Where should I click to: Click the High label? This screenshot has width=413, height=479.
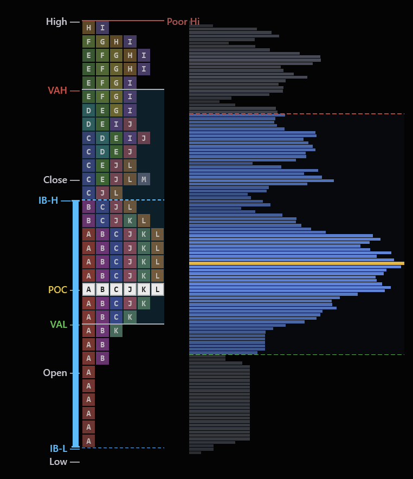coord(56,22)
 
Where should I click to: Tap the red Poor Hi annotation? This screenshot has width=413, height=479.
coord(183,22)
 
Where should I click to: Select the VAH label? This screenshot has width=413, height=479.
coord(57,90)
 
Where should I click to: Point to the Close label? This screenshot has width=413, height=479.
coord(55,180)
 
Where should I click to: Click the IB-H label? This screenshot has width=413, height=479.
coord(48,200)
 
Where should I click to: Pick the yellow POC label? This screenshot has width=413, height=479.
coord(57,290)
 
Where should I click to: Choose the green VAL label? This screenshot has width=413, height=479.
coord(59,325)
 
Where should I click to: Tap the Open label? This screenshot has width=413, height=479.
coord(55,373)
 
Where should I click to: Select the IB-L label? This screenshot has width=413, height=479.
coord(59,449)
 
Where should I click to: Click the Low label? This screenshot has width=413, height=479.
coord(58,462)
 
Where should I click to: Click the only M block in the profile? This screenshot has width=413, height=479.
coord(144,179)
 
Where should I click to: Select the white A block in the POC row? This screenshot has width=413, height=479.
coord(88,289)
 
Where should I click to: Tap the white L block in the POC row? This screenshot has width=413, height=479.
coord(157,289)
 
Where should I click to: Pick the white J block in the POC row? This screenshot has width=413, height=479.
coord(130,289)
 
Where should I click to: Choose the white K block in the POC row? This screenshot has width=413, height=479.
coord(144,289)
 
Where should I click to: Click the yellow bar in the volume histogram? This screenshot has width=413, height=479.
coord(296,263)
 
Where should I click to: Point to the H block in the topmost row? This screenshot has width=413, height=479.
coord(88,28)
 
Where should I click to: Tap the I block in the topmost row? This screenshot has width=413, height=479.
coord(102,28)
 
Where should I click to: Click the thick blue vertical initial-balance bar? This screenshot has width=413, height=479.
coord(76,323)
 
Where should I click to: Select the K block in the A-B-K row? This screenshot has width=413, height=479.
coord(116,331)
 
